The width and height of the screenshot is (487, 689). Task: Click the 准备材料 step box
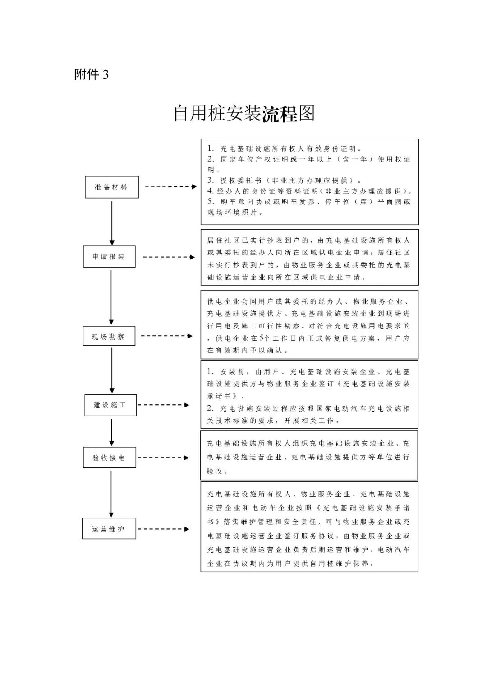[112, 187]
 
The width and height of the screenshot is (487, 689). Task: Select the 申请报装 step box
[109, 257]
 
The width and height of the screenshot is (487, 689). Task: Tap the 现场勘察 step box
[109, 336]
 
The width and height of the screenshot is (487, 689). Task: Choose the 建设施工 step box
[110, 405]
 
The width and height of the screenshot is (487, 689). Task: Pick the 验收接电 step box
[109, 458]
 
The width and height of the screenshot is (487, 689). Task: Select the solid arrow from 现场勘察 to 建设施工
[112, 370]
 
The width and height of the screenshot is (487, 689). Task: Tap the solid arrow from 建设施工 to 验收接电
[112, 432]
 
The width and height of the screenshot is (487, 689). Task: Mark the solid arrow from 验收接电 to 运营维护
[111, 493]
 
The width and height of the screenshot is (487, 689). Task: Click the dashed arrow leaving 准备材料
[170, 186]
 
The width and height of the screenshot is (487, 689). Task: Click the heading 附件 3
[92, 74]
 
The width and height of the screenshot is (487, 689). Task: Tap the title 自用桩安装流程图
[244, 114]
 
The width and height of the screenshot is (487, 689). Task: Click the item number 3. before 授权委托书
[211, 180]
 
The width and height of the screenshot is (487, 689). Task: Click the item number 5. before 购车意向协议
[211, 201]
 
